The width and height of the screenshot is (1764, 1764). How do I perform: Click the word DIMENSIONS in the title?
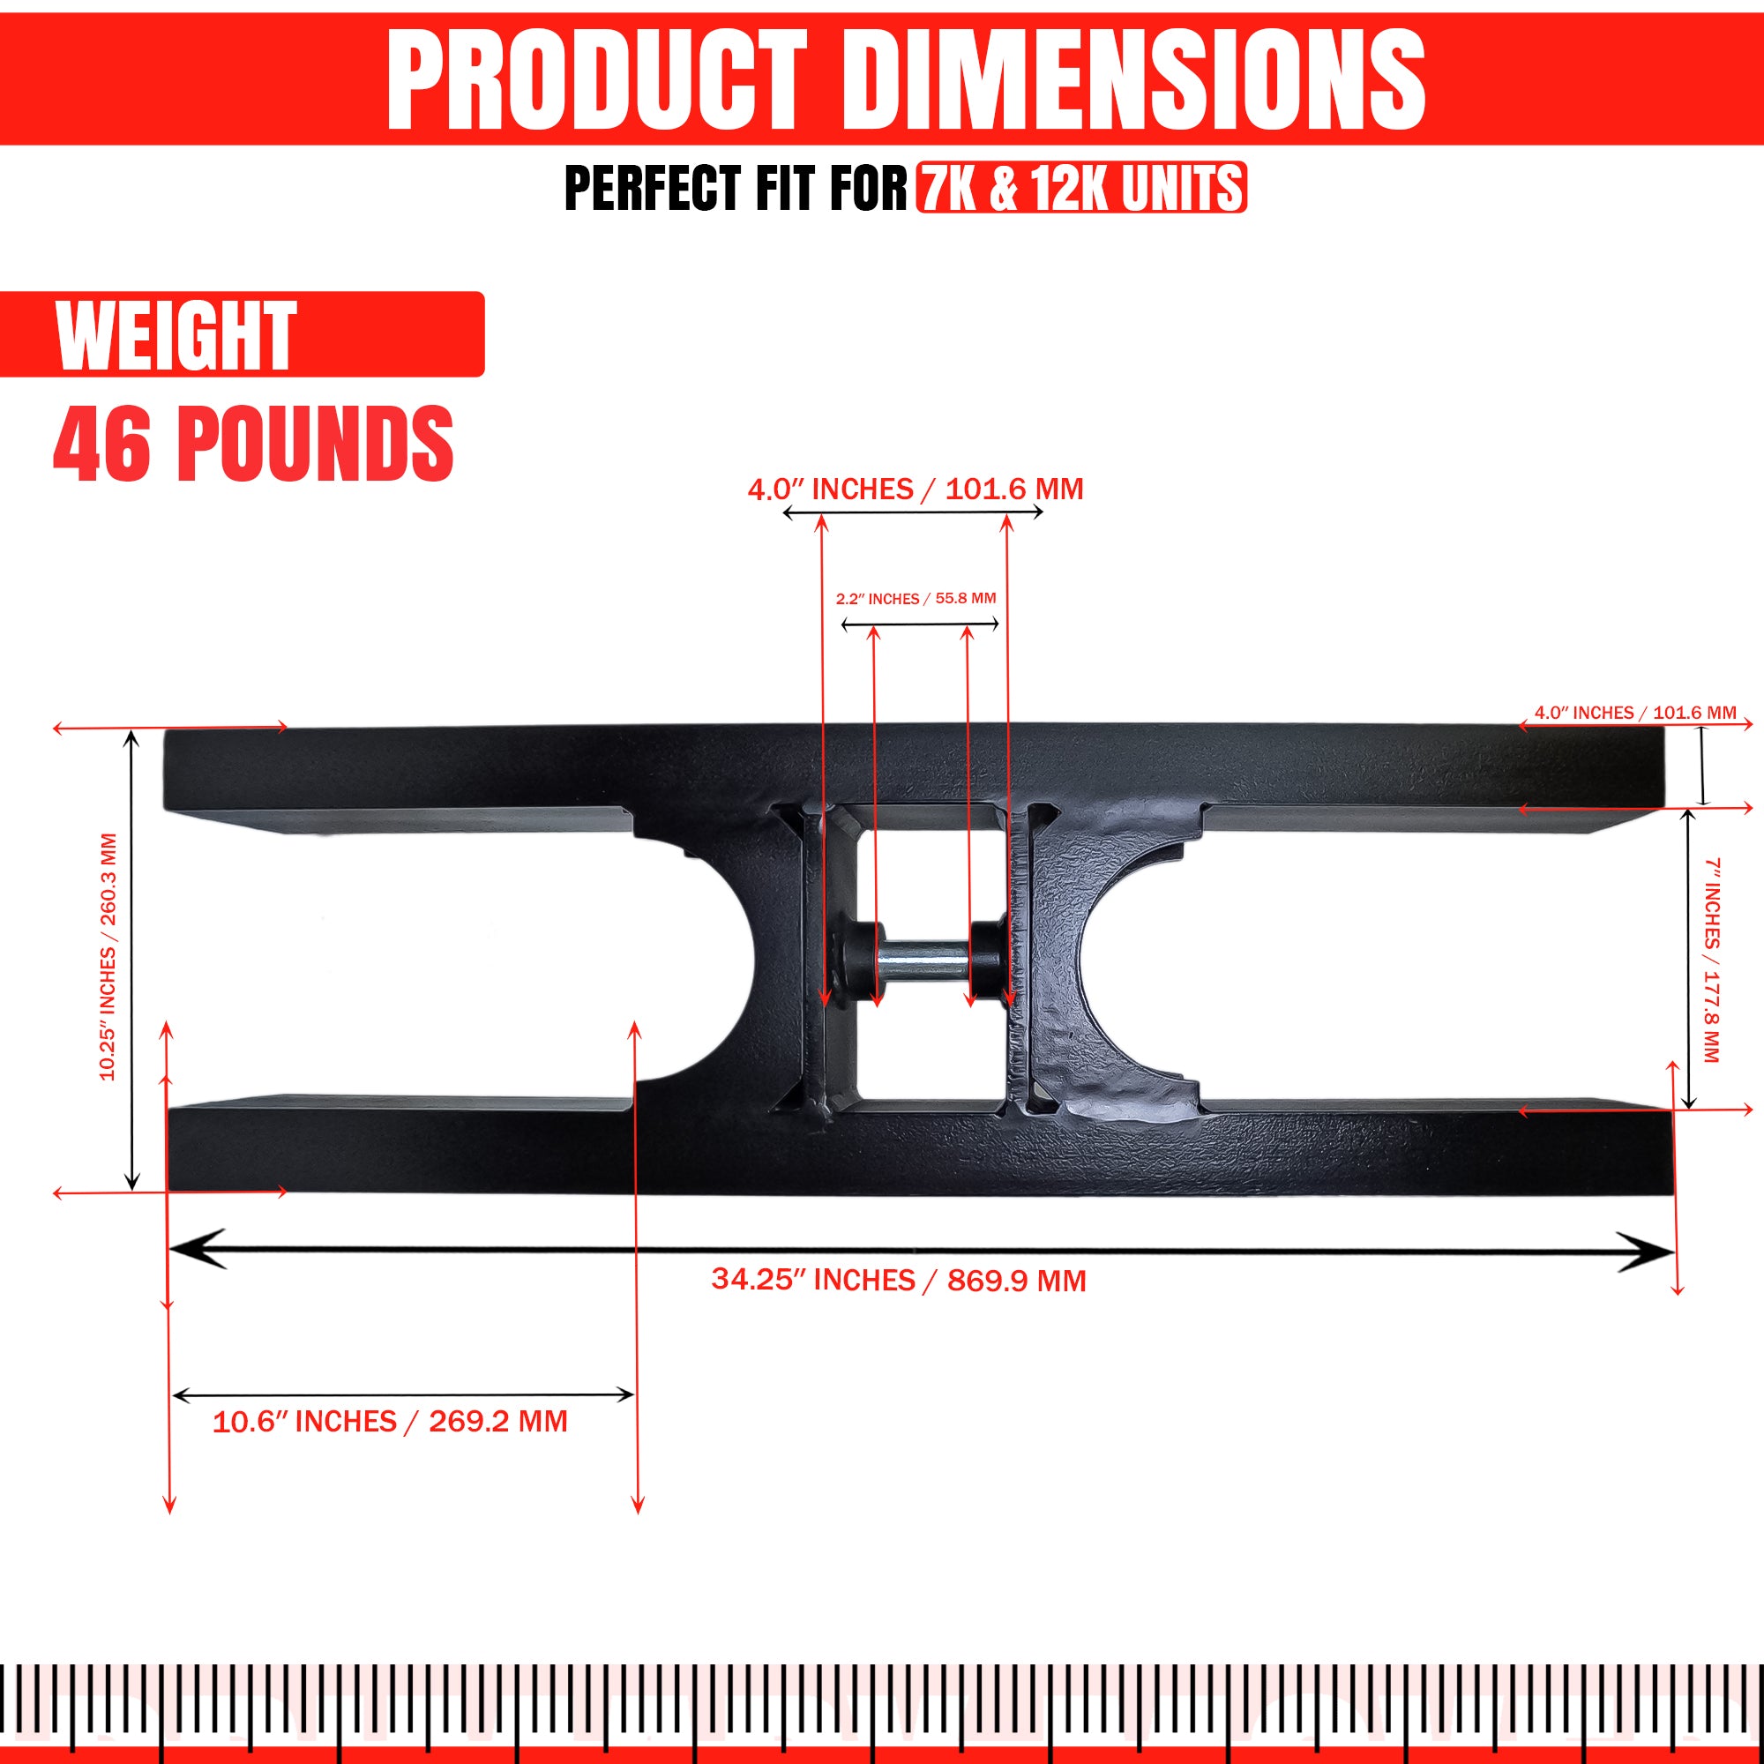(x=1132, y=78)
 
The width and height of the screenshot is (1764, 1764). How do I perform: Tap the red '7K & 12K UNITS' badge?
(x=1082, y=188)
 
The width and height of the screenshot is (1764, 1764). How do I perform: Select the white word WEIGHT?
(x=176, y=335)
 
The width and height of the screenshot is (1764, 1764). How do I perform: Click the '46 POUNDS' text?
(x=254, y=444)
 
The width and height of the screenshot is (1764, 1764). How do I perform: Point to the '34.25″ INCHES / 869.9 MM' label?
(x=900, y=1280)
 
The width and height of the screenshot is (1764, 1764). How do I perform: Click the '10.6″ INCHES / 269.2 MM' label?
(x=390, y=1422)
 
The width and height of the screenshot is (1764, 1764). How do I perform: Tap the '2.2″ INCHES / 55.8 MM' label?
(x=916, y=598)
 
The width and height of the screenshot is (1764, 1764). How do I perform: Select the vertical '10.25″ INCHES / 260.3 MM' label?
(x=108, y=957)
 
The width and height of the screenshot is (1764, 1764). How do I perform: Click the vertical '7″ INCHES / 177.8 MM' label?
(x=1712, y=960)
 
